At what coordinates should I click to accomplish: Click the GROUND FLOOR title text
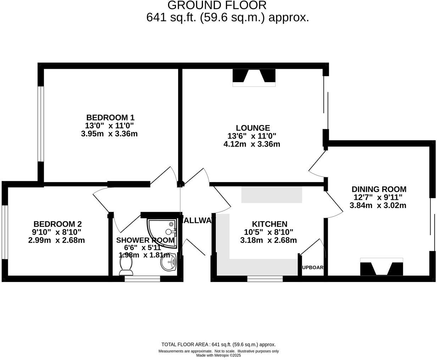(x=217, y=5)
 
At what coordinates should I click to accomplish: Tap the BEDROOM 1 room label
(x=110, y=117)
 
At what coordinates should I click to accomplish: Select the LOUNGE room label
(x=253, y=128)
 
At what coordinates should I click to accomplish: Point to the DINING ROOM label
(x=379, y=189)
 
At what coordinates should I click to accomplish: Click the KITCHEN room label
(x=269, y=224)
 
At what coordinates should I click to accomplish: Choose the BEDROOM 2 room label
(x=57, y=224)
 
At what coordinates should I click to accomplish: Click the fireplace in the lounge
(x=254, y=78)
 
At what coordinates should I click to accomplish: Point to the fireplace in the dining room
(x=381, y=267)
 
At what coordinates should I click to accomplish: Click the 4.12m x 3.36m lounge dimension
(x=251, y=144)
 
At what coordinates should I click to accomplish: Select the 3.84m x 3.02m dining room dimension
(x=378, y=206)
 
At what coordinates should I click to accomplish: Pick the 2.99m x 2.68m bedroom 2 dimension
(x=56, y=240)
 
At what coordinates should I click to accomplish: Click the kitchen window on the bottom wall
(x=265, y=279)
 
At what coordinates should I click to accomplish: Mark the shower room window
(x=142, y=279)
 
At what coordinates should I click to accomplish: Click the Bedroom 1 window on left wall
(x=40, y=124)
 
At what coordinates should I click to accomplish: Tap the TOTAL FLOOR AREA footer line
(x=218, y=344)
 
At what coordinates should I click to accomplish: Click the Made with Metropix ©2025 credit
(x=218, y=355)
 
